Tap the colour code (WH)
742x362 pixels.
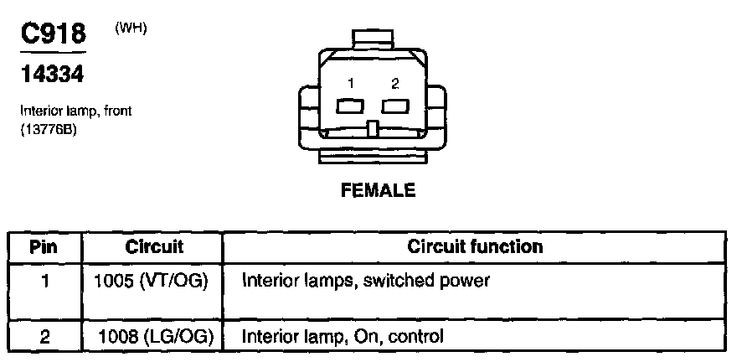click(x=131, y=28)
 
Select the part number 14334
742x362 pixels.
click(x=52, y=75)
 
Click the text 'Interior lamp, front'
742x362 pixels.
click(x=76, y=111)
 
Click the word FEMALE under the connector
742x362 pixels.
click(x=378, y=190)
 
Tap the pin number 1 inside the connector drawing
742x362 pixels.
click(x=353, y=83)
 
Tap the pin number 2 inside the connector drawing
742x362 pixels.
click(x=395, y=83)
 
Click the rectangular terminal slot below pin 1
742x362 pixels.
click(x=349, y=106)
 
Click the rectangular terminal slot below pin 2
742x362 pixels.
click(x=394, y=106)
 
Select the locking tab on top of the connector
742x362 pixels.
click(x=374, y=39)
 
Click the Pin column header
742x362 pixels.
click(x=44, y=247)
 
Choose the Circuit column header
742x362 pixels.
click(x=154, y=247)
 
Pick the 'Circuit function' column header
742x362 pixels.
click(x=475, y=247)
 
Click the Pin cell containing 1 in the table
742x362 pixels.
click(x=44, y=281)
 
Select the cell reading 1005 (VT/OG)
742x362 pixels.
click(x=153, y=281)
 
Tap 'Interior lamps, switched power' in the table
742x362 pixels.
click(x=365, y=281)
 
